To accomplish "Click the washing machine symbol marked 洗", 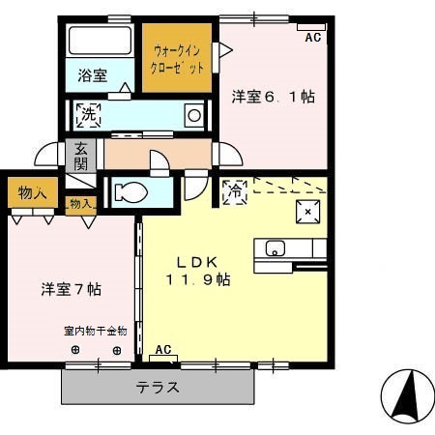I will (88, 115).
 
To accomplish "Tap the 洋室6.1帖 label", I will (274, 97).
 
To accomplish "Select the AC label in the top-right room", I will (311, 38).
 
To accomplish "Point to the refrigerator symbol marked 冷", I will (234, 190).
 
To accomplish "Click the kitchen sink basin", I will (275, 247).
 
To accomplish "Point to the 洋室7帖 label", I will (72, 289).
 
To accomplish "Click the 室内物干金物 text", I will (96, 331).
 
